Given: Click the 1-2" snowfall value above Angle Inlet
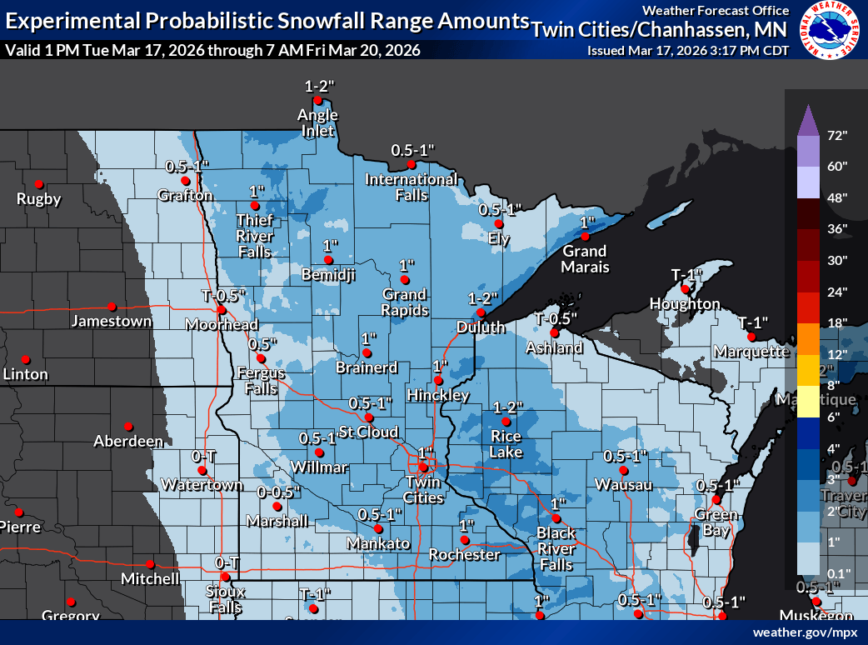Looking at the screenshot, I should (x=318, y=86).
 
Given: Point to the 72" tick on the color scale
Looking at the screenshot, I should (x=837, y=135).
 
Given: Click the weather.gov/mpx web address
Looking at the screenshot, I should (x=805, y=632).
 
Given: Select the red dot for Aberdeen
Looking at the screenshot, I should (x=127, y=426).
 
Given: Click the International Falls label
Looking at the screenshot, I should (x=412, y=187).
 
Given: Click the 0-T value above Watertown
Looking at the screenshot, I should (x=203, y=456).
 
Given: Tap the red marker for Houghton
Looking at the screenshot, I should (x=685, y=288).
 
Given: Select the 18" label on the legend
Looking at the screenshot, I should (x=837, y=322).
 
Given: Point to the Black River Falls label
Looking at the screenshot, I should (x=556, y=548).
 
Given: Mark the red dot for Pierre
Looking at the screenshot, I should (x=17, y=512).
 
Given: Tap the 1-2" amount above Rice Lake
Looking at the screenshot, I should (x=507, y=407).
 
